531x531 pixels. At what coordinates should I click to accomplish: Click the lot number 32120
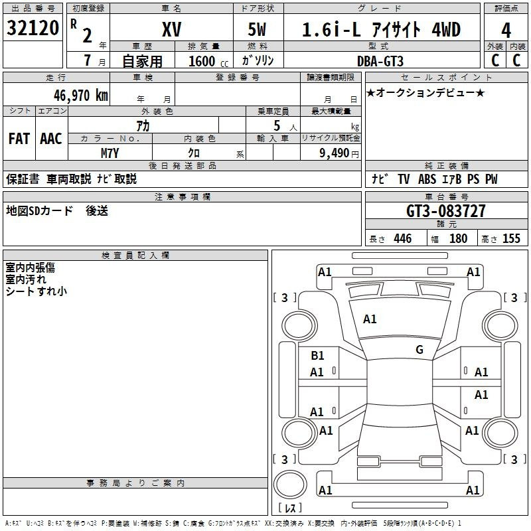pyautogui.click(x=33, y=28)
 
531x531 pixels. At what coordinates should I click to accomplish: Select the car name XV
pyautogui.click(x=172, y=29)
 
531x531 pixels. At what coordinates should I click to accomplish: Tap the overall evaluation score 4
pyautogui.click(x=506, y=31)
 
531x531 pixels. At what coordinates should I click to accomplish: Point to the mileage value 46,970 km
pyautogui.click(x=81, y=96)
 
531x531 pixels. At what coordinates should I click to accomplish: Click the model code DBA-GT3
pyautogui.click(x=380, y=61)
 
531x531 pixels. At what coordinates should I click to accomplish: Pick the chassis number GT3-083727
pyautogui.click(x=445, y=211)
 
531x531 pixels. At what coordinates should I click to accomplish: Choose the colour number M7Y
pyautogui.click(x=110, y=153)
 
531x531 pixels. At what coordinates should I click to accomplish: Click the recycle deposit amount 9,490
pyautogui.click(x=335, y=153)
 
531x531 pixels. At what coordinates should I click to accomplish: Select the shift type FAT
pyautogui.click(x=19, y=139)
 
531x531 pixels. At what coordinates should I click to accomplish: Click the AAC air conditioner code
pyautogui.click(x=51, y=139)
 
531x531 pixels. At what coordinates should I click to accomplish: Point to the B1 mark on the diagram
pyautogui.click(x=317, y=356)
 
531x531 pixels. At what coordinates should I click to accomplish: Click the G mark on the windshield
pyautogui.click(x=419, y=350)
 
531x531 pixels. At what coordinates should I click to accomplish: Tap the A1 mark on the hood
pyautogui.click(x=370, y=319)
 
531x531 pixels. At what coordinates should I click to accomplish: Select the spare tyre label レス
pyautogui.click(x=290, y=508)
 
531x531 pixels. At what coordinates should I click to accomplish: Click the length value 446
pyautogui.click(x=403, y=238)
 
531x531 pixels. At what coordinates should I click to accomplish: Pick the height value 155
pyautogui.click(x=511, y=238)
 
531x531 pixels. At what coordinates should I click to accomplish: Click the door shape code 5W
pyautogui.click(x=257, y=29)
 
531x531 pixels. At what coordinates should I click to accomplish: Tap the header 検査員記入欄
pyautogui.click(x=135, y=256)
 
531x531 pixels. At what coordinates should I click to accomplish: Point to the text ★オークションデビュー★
pyautogui.click(x=425, y=92)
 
